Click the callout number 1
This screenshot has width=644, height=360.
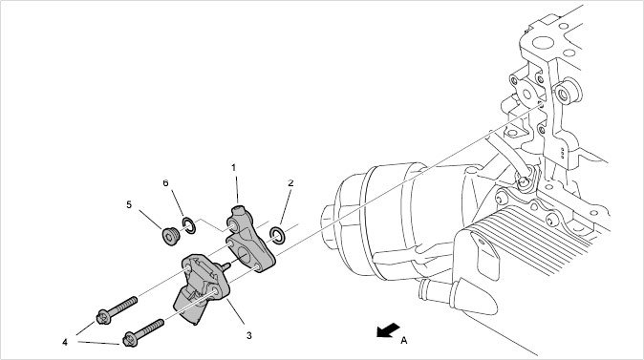coord(234,167)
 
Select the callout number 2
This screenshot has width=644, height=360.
coord(290,183)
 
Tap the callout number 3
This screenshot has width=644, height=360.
coord(248,335)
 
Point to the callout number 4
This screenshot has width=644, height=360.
coord(65,342)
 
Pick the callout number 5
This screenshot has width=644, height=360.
coord(129,204)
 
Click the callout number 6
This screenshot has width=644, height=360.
coord(165,183)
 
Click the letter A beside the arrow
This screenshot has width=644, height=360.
coord(404,340)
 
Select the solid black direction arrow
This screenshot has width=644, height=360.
coord(388,330)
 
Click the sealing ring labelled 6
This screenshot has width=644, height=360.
coord(189,225)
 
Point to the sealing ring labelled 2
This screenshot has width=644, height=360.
coord(277,234)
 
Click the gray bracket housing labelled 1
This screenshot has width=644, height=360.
coord(249,238)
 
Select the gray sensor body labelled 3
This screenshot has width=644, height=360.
coord(202,286)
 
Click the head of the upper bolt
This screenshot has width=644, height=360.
coord(103,317)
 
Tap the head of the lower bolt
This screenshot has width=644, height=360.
coord(130,340)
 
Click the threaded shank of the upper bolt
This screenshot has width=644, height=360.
coord(124,306)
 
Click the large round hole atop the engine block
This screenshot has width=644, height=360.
coord(543,43)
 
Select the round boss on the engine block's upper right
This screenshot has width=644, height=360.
coord(567,93)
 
